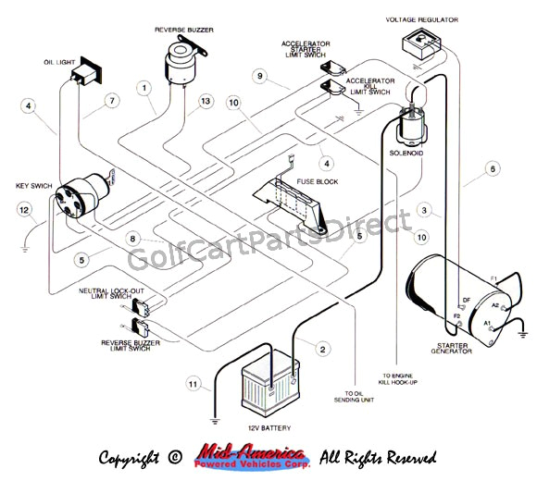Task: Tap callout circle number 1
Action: [144, 88]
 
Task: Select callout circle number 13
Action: [205, 101]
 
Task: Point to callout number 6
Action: [493, 168]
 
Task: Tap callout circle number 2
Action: [322, 349]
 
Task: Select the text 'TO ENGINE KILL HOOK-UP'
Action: [400, 380]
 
